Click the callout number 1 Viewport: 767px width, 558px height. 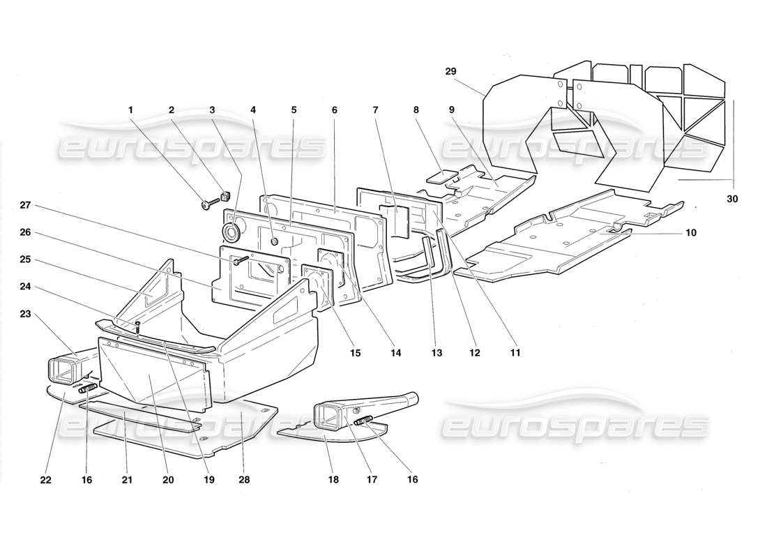pyautogui.click(x=130, y=110)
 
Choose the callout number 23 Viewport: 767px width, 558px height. pyautogui.click(x=25, y=314)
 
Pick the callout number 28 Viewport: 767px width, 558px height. pyautogui.click(x=243, y=480)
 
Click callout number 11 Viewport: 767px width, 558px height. pyautogui.click(x=515, y=353)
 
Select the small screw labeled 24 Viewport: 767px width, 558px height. pyautogui.click(x=138, y=325)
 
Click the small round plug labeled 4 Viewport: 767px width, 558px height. pyautogui.click(x=274, y=241)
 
